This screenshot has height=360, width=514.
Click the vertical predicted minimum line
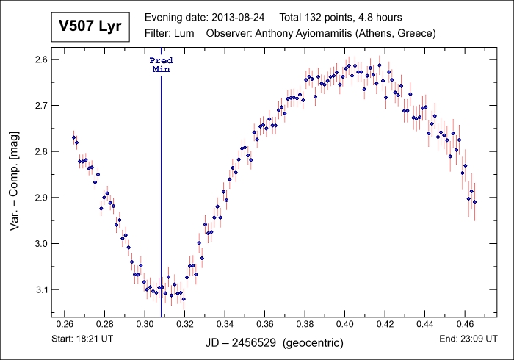[x=161, y=184]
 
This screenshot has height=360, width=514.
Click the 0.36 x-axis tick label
[x=264, y=323]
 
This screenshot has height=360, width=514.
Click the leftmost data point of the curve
[x=73, y=137]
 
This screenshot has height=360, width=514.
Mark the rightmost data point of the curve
[x=474, y=201]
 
